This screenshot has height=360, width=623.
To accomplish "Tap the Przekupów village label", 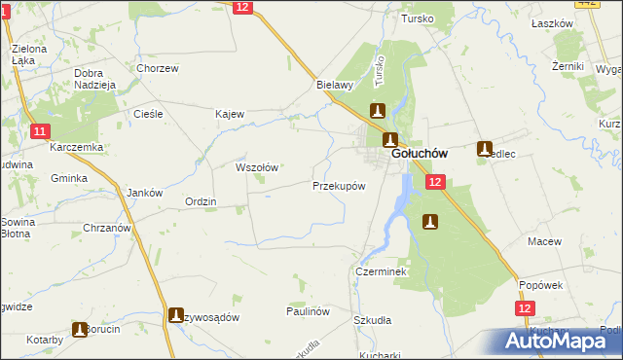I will click(x=339, y=186).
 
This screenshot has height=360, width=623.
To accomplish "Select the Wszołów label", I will click(x=257, y=167).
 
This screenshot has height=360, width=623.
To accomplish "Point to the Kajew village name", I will click(x=229, y=114).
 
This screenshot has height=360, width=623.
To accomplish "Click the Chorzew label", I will click(x=158, y=69).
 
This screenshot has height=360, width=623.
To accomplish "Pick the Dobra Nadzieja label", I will click(x=95, y=79).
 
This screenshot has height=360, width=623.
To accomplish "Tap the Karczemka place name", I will click(x=78, y=147).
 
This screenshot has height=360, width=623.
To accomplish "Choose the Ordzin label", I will click(x=201, y=202).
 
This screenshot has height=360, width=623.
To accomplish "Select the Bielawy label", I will click(x=334, y=85).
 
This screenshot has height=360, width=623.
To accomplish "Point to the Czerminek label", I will click(x=380, y=272).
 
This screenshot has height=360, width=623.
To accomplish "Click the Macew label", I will click(x=541, y=240).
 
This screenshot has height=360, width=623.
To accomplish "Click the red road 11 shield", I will click(x=39, y=131).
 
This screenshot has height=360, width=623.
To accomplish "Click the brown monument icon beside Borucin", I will click(x=80, y=330).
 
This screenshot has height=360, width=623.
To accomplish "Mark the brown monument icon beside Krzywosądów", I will click(x=176, y=315).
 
